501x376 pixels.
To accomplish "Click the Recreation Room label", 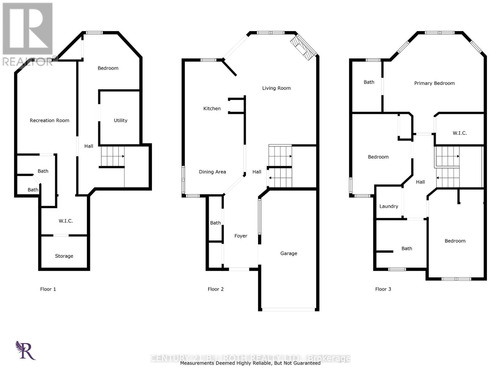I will click(x=49, y=120).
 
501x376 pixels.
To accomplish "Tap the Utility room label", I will click(x=121, y=120).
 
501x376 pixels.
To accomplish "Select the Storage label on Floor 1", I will click(x=64, y=256).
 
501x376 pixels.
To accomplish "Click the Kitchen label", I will click(x=212, y=108).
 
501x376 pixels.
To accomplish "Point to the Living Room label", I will click(x=276, y=88).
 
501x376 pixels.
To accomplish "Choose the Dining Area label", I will click(x=212, y=172).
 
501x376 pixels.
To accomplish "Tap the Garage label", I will click(x=289, y=253).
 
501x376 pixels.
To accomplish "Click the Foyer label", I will click(x=241, y=236).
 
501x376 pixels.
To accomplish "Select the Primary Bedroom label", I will click(x=434, y=83).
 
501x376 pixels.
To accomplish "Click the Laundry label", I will click(x=389, y=206).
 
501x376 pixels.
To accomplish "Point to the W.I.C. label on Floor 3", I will click(x=460, y=133).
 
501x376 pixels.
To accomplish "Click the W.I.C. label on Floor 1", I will click(x=66, y=221).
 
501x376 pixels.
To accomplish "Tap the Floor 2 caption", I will click(x=216, y=289).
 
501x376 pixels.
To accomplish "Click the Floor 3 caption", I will click(x=383, y=289).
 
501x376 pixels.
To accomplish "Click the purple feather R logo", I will click(x=25, y=350).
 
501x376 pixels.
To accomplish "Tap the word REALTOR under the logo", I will click(x=28, y=61).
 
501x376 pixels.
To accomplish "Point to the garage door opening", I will click(x=288, y=310).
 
